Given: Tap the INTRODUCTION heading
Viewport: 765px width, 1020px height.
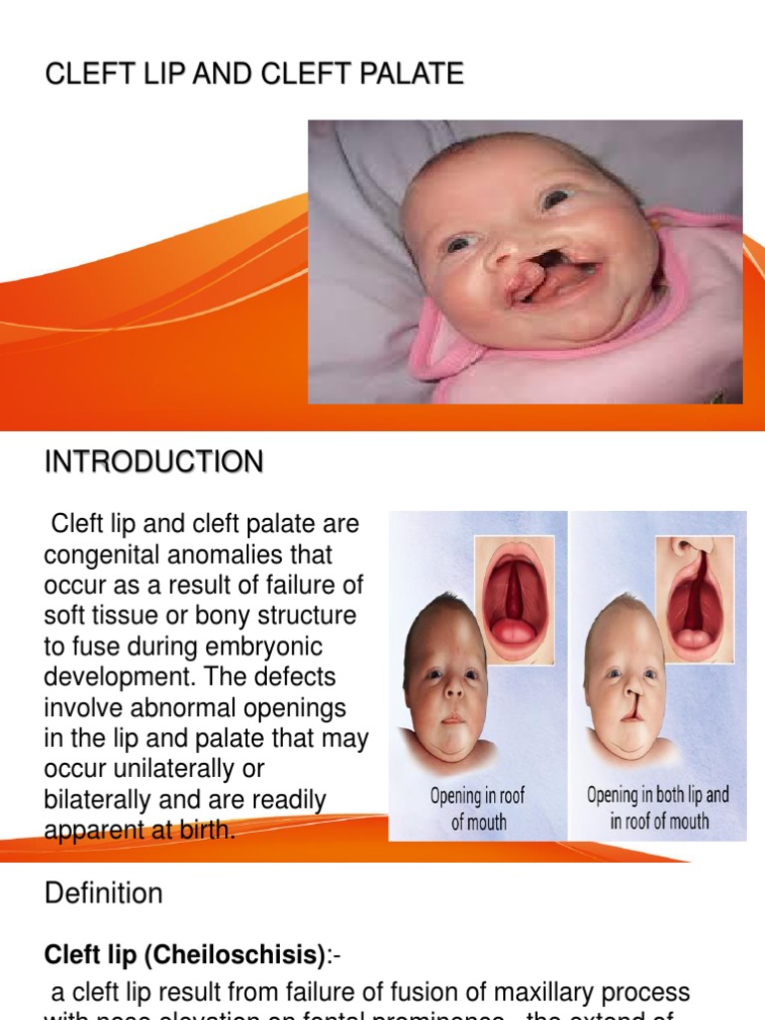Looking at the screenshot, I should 154,462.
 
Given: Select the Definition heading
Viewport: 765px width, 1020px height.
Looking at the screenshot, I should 104,893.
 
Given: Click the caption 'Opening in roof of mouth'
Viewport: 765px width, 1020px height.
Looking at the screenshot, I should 478,809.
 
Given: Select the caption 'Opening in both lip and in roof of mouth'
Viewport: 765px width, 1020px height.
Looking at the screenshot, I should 658,808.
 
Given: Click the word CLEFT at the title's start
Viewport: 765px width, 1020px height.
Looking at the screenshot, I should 81,75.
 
